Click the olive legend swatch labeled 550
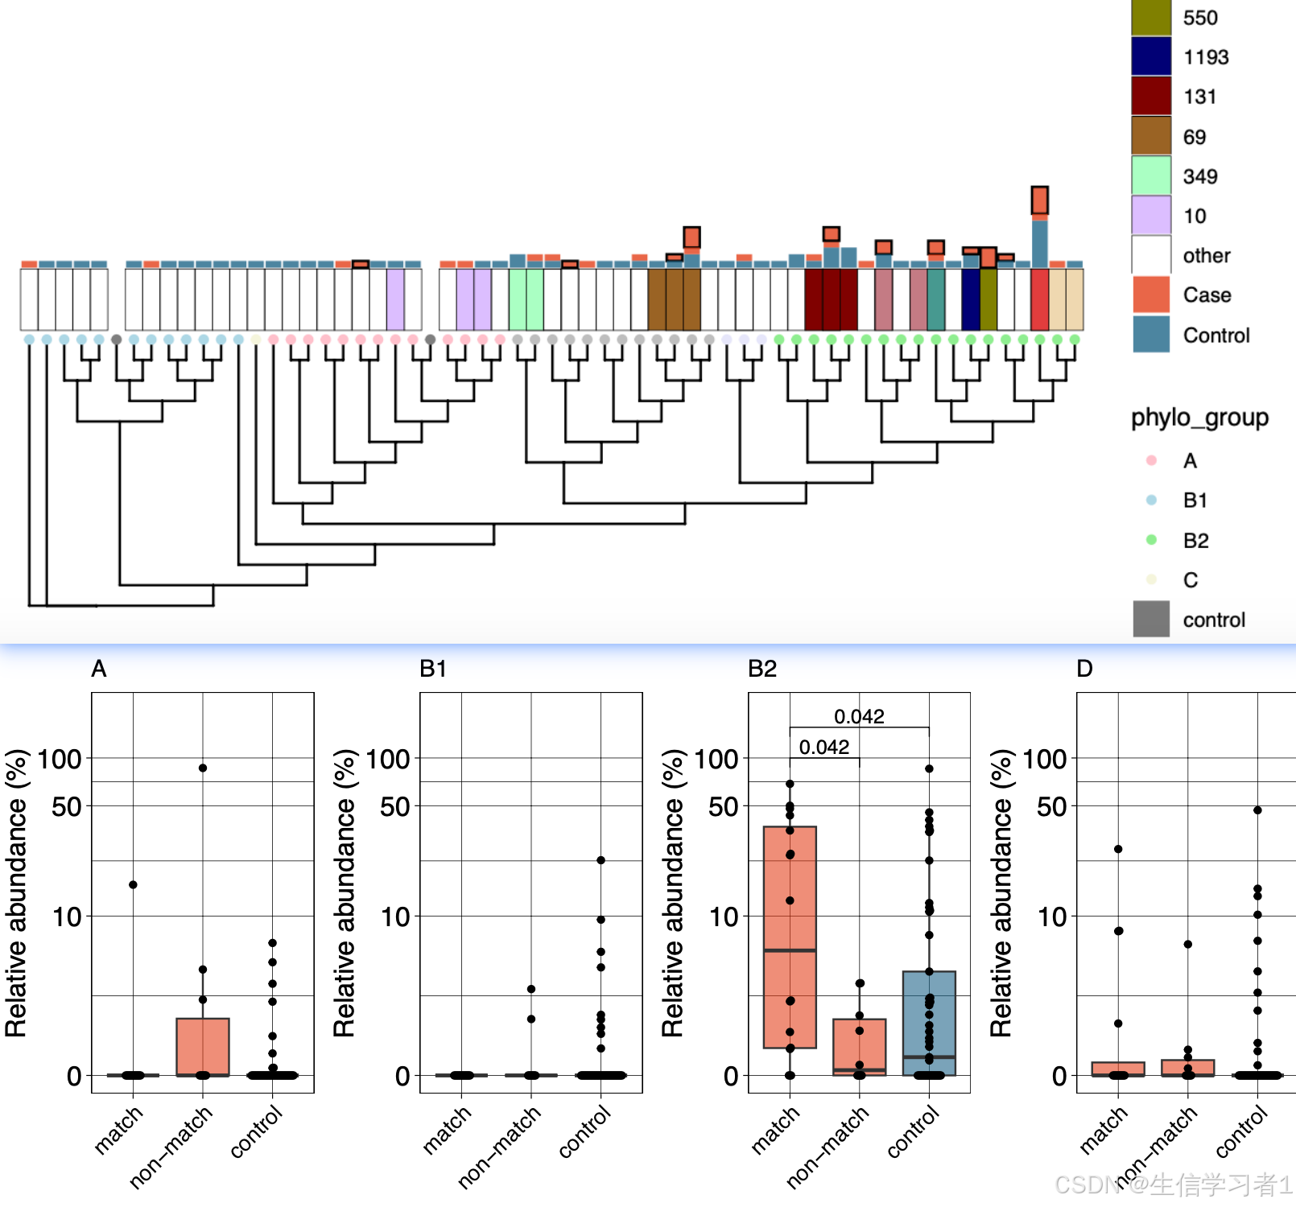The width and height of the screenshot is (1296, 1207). pos(1151,18)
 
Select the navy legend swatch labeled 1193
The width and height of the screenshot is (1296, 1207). pos(1151,56)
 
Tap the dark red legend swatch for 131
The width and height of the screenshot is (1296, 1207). pos(1151,96)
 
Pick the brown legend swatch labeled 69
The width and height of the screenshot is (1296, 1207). pos(1151,136)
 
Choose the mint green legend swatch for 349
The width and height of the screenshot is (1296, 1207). pos(1151,175)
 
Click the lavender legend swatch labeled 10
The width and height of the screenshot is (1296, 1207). pos(1151,215)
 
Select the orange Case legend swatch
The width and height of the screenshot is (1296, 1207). pos(1151,295)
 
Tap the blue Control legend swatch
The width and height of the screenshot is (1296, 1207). pos(1151,334)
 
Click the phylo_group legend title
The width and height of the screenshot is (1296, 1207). pos(1199,418)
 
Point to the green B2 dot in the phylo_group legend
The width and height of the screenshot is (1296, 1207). pos(1151,540)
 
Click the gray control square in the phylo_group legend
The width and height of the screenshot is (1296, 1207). pos(1151,619)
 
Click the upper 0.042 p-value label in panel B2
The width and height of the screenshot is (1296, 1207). pos(859,716)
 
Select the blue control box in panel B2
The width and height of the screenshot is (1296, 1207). pos(929,1022)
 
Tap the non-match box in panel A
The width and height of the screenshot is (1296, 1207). pos(203,1046)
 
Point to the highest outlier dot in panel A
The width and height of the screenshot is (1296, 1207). pos(203,768)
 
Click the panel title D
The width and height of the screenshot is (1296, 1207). pos(1084,669)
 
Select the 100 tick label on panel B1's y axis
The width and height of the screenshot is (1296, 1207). pos(388,759)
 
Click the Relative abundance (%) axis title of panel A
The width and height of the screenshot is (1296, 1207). pos(16,892)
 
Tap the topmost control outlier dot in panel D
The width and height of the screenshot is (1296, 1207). pos(1257,810)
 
